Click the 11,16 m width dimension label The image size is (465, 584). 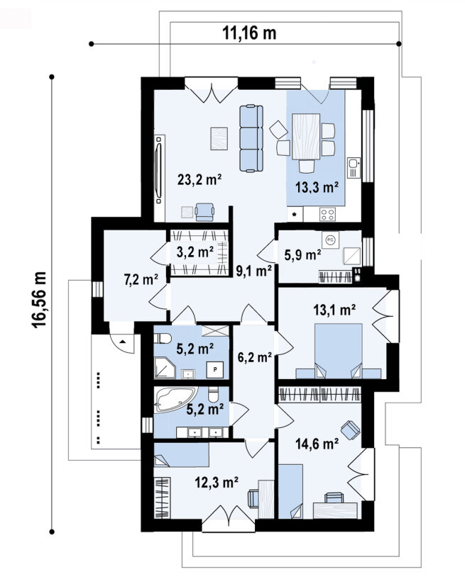(249, 33)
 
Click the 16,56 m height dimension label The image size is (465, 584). (39, 300)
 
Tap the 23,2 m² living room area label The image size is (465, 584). (199, 180)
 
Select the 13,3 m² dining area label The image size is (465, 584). (317, 187)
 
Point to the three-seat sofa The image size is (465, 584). (251, 138)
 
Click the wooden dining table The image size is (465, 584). (306, 137)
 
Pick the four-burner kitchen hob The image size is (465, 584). (328, 214)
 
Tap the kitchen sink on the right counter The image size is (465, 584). (354, 167)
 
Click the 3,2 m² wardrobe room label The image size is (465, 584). (195, 252)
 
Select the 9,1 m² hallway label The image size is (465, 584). (253, 271)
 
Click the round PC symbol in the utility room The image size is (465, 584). (330, 240)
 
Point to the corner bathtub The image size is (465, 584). (175, 400)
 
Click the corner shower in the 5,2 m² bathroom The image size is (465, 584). (164, 368)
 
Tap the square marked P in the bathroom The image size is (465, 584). (215, 370)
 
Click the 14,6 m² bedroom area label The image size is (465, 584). (317, 444)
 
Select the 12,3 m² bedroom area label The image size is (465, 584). (217, 483)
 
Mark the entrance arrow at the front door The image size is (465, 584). (123, 340)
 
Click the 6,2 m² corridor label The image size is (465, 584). (254, 358)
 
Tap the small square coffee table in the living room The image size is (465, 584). (219, 138)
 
